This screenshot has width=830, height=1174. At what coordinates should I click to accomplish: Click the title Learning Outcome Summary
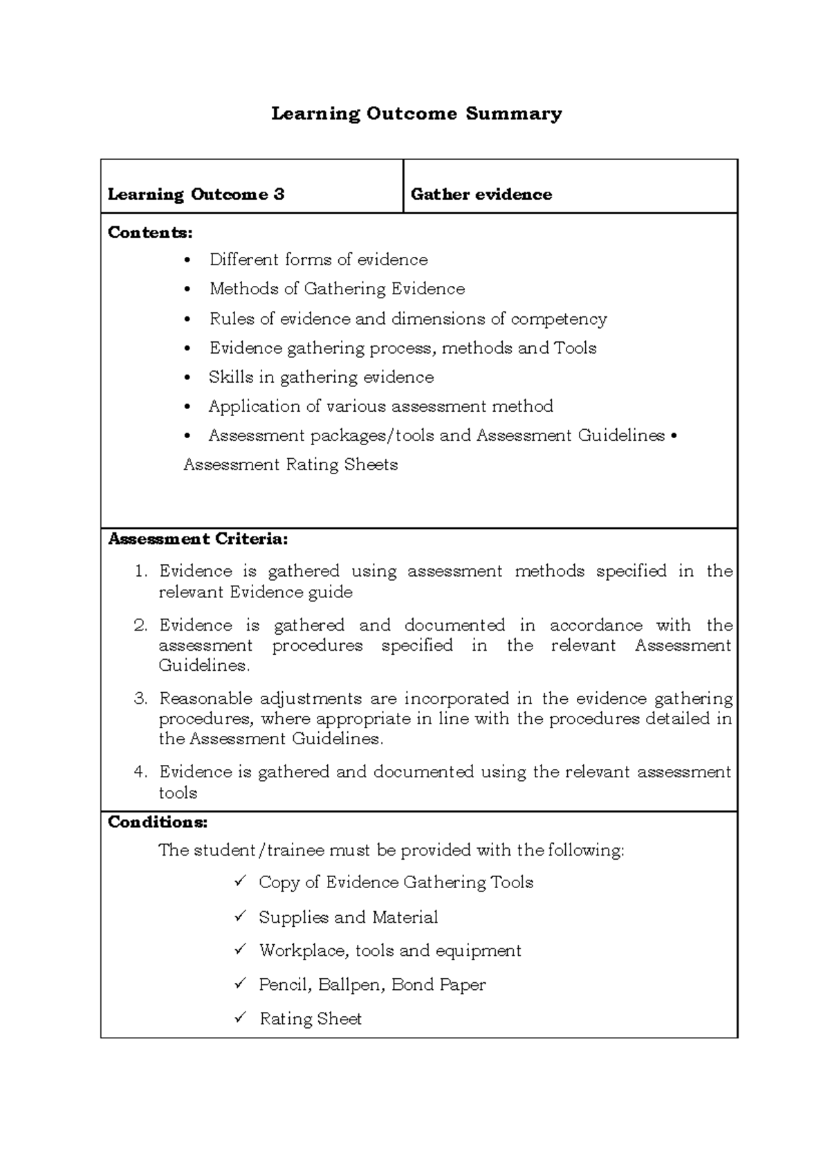coord(416,114)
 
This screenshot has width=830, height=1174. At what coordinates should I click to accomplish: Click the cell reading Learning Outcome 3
coord(196,195)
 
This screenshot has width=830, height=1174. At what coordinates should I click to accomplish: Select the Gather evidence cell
coord(481,195)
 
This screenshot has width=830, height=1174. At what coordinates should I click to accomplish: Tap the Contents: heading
coord(150,233)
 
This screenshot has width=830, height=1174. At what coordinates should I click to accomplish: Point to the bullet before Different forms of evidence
coord(187,261)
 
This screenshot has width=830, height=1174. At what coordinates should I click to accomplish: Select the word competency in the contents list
coord(558,319)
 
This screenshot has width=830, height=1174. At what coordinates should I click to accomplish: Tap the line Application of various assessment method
coord(380,406)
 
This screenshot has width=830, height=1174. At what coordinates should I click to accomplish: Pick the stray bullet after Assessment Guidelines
coord(674,436)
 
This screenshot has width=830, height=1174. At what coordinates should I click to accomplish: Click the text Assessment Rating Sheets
coord(290,464)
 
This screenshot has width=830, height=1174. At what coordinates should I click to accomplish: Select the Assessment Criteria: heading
coord(198,539)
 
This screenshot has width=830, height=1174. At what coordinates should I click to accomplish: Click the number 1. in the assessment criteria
coord(141,572)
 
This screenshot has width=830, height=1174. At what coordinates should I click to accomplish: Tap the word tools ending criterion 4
coord(178,793)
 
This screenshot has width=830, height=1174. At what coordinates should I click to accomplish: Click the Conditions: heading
coord(158,822)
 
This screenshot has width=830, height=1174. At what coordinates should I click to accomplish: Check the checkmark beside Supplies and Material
coord(240,916)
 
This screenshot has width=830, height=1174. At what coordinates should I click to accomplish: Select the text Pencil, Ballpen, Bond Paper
coord(372,985)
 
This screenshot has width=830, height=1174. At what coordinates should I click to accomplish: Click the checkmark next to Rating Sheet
coord(240,1018)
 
